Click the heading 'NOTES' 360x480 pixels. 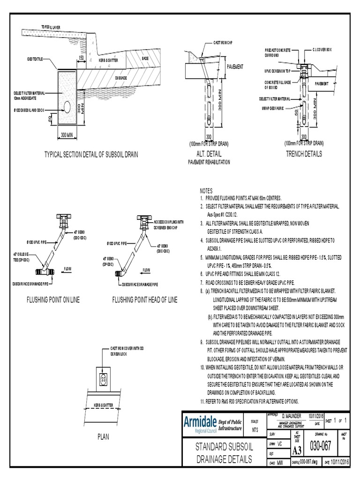[x=206, y=191]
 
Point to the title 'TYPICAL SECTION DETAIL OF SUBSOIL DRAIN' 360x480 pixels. [x=91, y=154]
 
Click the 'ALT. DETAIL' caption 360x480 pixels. [x=210, y=153]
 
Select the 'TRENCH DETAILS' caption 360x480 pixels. [x=304, y=153]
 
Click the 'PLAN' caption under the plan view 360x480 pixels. [x=103, y=437]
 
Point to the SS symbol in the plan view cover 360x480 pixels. [x=103, y=378]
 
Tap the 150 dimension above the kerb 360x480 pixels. [x=82, y=57]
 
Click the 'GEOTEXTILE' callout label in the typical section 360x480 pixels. [x=35, y=60]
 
